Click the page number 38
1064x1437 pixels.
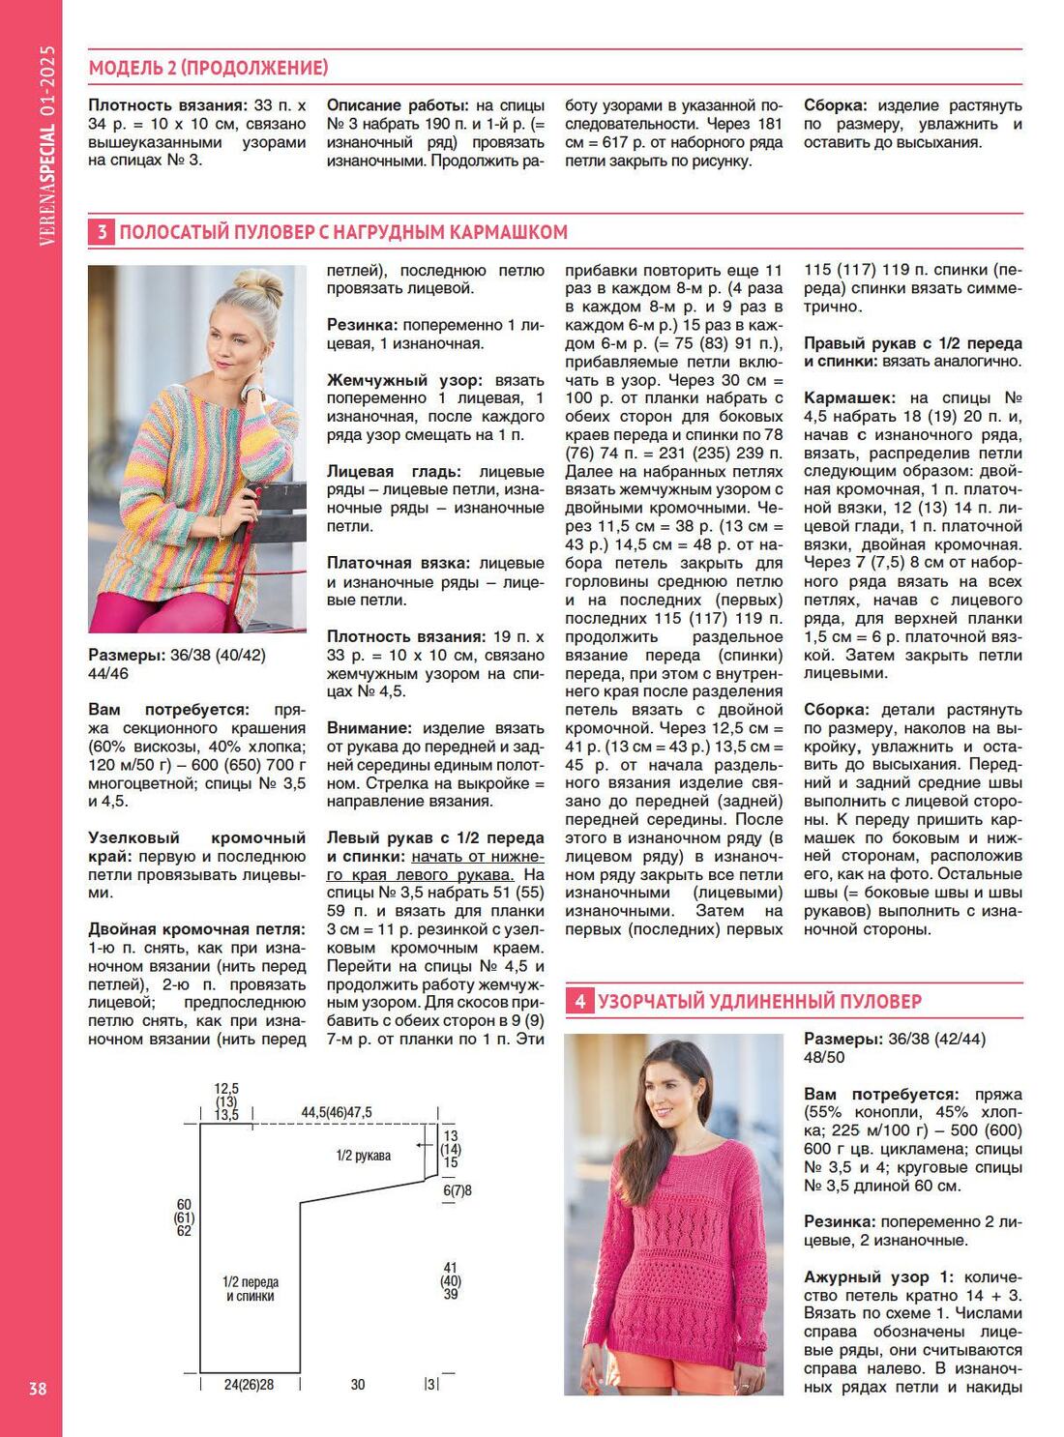pos(37,1389)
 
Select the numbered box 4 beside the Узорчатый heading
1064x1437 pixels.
pos(578,1001)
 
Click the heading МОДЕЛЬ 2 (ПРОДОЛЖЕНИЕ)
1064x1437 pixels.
pos(208,68)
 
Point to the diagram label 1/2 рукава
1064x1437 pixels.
pos(364,1156)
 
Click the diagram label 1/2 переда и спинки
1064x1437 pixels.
pos(251,1289)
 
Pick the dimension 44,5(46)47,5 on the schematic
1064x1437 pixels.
pos(337,1113)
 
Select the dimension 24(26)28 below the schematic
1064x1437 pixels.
pos(249,1385)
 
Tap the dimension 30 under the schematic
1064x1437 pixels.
pos(358,1385)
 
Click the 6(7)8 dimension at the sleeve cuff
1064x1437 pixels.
pos(458,1190)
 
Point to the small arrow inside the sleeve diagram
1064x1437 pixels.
pos(423,1144)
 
